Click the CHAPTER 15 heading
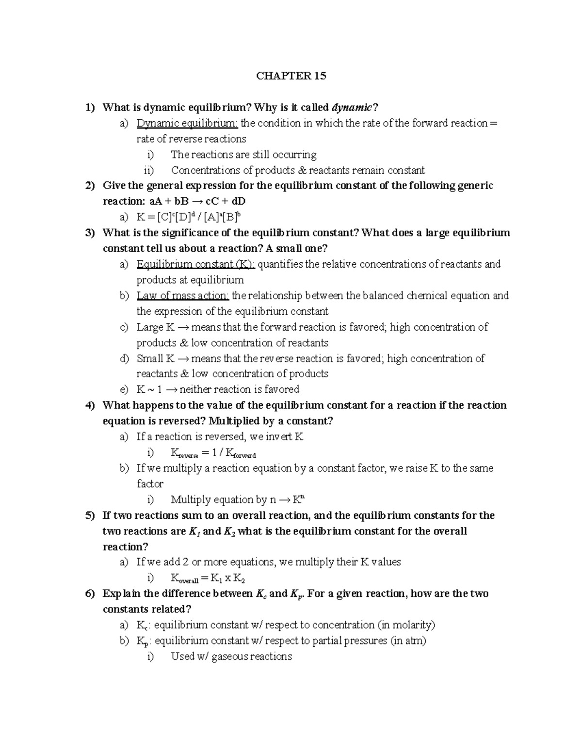[x=291, y=76]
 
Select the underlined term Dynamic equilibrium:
[x=187, y=123]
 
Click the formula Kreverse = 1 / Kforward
[x=213, y=453]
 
